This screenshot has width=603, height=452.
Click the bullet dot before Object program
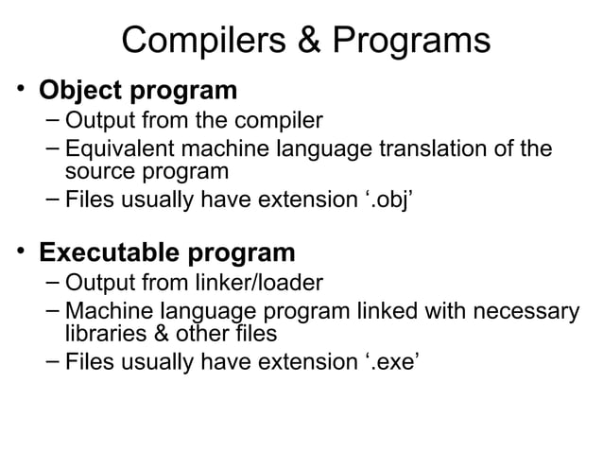coord(19,91)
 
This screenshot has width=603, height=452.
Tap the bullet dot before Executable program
coord(19,252)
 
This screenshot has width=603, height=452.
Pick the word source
coord(98,171)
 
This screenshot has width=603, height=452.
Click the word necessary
coord(521,311)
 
